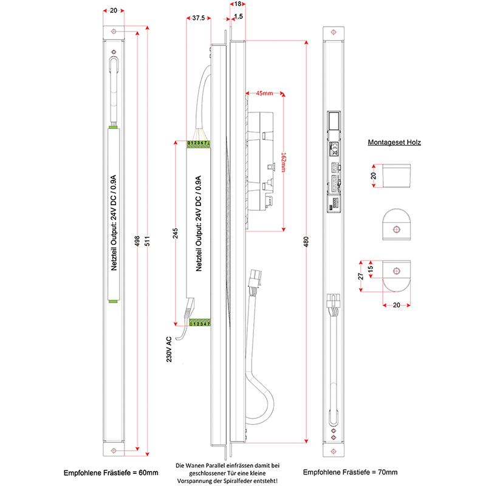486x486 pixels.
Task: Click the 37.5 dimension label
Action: click(x=198, y=19)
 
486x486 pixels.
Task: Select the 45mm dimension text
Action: click(x=264, y=94)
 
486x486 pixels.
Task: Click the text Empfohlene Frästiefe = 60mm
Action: click(x=111, y=472)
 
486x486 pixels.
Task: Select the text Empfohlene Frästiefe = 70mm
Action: click(x=351, y=472)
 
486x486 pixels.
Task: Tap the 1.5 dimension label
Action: click(x=239, y=18)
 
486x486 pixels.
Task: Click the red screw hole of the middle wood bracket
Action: click(x=396, y=229)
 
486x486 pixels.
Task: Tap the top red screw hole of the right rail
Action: click(x=332, y=31)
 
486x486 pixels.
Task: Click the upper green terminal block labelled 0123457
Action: click(x=199, y=143)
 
